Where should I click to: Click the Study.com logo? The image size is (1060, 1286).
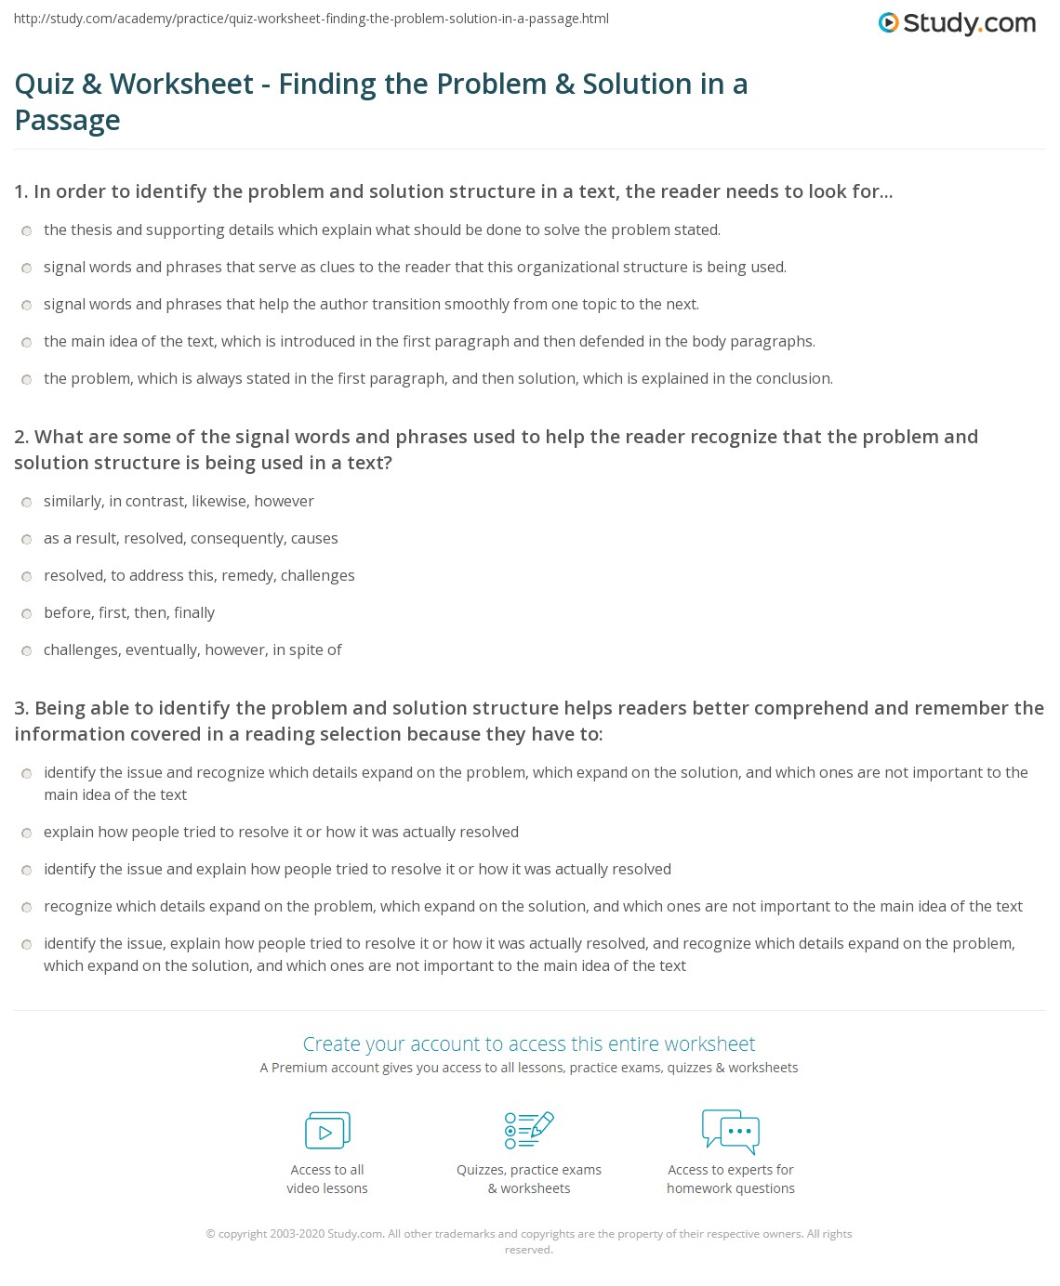coord(957,23)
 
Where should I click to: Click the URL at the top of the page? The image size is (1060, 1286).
coord(311,19)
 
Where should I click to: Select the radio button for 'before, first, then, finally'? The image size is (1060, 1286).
coord(27,614)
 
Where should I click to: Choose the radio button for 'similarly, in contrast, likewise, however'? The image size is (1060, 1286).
coord(27,503)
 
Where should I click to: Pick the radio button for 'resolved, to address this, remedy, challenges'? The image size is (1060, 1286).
coord(27,577)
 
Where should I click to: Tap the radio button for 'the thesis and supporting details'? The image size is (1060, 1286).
coord(27,231)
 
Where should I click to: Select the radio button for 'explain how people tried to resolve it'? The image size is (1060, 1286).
coord(27,833)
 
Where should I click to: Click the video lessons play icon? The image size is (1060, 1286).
coord(327,1131)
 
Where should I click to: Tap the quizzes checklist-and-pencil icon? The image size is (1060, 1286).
coord(529,1130)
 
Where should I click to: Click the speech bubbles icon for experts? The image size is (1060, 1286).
coord(731,1131)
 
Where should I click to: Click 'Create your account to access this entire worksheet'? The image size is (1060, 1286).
coord(529,1043)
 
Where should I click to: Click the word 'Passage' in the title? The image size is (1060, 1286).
coord(68,121)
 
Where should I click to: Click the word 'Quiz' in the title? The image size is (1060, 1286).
coord(44,85)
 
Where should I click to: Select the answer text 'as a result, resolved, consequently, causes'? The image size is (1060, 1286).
coord(191,539)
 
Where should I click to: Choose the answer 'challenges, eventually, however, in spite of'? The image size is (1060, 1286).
coord(192,650)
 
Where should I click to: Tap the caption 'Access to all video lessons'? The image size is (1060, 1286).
coord(327,1179)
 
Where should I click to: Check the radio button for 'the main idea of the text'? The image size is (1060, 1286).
coord(27,343)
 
